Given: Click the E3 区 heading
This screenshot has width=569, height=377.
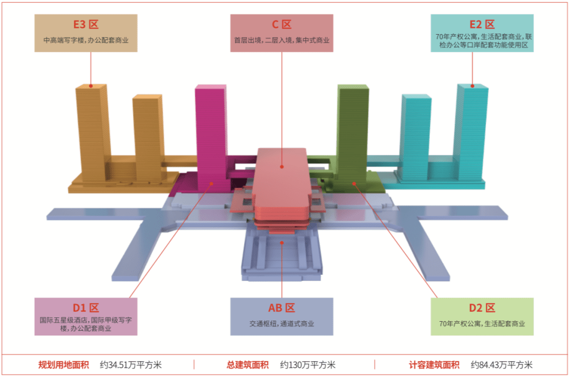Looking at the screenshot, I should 86,25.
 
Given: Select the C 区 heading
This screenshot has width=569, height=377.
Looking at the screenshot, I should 282,25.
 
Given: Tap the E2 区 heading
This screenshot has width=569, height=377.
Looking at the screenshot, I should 482,24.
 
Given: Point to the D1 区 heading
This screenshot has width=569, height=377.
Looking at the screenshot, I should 86,308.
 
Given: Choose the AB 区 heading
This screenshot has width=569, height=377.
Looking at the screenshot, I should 282,308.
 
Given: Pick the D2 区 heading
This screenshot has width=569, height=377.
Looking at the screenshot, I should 482,308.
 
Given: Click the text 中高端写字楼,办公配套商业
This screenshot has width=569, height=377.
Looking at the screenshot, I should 86,40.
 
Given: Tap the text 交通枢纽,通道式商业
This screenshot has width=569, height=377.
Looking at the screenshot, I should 282,324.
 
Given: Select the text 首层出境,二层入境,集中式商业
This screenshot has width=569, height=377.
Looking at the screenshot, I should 282,40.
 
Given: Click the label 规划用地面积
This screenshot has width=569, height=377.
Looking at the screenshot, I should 64,365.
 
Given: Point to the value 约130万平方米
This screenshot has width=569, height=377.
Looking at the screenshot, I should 308,365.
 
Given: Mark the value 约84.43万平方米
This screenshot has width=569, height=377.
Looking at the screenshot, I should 502,365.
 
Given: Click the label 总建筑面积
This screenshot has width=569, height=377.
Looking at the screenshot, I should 248,365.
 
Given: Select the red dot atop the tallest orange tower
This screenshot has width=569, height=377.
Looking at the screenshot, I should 91,86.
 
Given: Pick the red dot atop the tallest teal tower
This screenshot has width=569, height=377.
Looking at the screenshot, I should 472,86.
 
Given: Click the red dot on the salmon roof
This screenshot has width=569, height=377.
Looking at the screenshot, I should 282,166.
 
